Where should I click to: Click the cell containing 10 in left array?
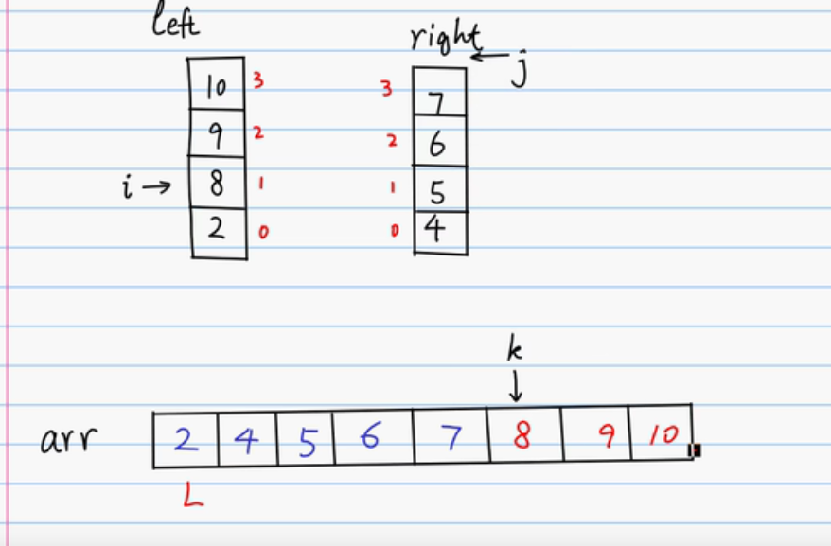(x=217, y=87)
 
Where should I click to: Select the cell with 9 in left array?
(x=217, y=136)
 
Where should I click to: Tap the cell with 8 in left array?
(x=217, y=182)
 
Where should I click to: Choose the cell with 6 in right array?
(x=438, y=143)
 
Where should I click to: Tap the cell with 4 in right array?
(x=437, y=231)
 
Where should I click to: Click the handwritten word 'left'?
(x=175, y=24)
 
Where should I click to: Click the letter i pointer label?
(x=128, y=185)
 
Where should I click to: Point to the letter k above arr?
(x=515, y=351)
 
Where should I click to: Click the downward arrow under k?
(x=516, y=386)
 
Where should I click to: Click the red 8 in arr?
(x=522, y=436)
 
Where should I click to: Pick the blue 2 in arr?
(x=186, y=438)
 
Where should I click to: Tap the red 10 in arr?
(x=663, y=436)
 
